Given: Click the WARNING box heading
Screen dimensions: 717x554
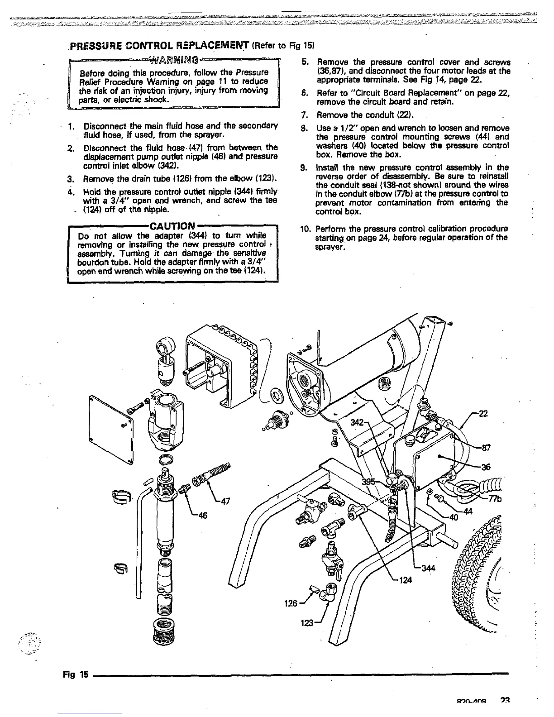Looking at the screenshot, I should pyautogui.click(x=173, y=59).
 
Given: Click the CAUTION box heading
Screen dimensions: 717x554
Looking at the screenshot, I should pyautogui.click(x=172, y=225).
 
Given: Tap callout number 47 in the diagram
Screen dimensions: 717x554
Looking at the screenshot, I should pyautogui.click(x=224, y=501).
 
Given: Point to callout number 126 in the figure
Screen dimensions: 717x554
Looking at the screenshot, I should pyautogui.click(x=291, y=603).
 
